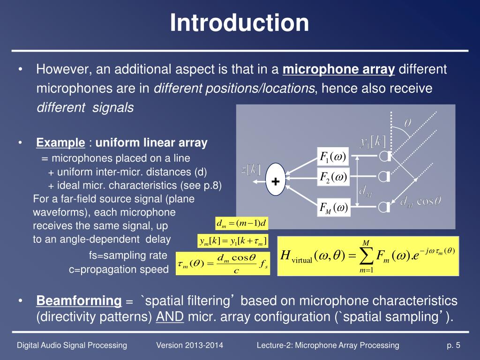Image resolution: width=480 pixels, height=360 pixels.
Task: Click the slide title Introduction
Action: tap(240, 23)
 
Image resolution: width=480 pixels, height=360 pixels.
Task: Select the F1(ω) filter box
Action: tap(333, 157)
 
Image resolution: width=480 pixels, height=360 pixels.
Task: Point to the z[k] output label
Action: tap(251, 170)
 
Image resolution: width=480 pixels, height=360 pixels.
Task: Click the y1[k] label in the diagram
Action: tap(374, 141)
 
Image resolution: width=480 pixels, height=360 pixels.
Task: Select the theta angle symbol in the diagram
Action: tap(408, 123)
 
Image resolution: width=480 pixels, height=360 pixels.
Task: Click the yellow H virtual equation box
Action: tap(368, 256)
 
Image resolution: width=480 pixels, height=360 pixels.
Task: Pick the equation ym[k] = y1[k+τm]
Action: tap(233, 241)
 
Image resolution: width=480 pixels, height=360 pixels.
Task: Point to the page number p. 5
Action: tap(453, 345)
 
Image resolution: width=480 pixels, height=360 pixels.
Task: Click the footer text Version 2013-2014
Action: tap(189, 345)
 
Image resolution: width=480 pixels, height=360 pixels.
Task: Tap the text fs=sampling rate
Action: tap(128, 255)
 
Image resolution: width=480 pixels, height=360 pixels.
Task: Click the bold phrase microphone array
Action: tap(339, 70)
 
